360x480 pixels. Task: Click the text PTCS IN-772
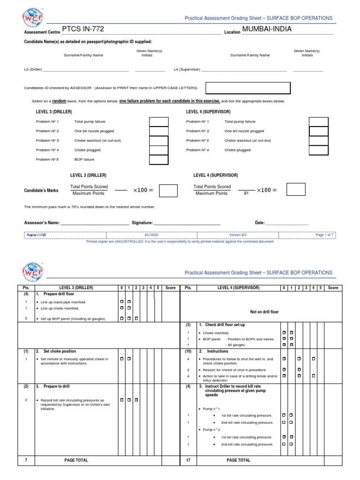pos(82,29)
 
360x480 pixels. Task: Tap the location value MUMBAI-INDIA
pos(267,29)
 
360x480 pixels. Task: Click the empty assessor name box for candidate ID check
pos(248,88)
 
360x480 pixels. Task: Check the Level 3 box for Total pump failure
pos(158,121)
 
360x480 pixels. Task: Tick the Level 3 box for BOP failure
pos(158,159)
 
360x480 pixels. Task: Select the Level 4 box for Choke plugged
pos(318,150)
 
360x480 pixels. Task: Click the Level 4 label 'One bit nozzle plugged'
pos(244,131)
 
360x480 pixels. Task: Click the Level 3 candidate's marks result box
pos(168,190)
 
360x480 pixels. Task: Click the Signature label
pos(142,223)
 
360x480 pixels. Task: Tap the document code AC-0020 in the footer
pos(151,235)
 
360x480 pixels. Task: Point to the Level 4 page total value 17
pos(188,460)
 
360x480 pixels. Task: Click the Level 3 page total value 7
pos(26,460)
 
